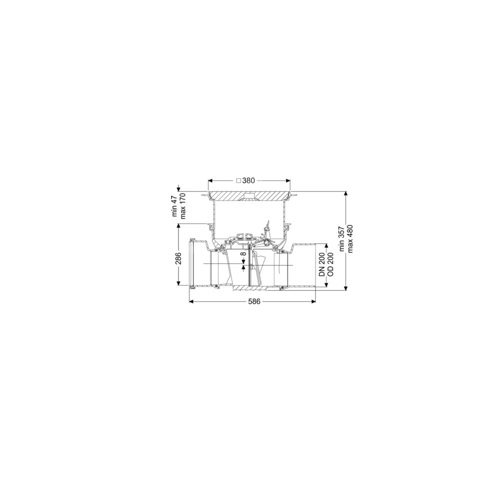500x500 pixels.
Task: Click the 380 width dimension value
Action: coord(248,180)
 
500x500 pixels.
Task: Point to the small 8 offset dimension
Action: coord(243,254)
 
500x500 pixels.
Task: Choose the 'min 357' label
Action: coord(341,239)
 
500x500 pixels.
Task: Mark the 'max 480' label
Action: coord(350,239)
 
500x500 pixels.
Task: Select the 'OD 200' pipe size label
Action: coord(330,265)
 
